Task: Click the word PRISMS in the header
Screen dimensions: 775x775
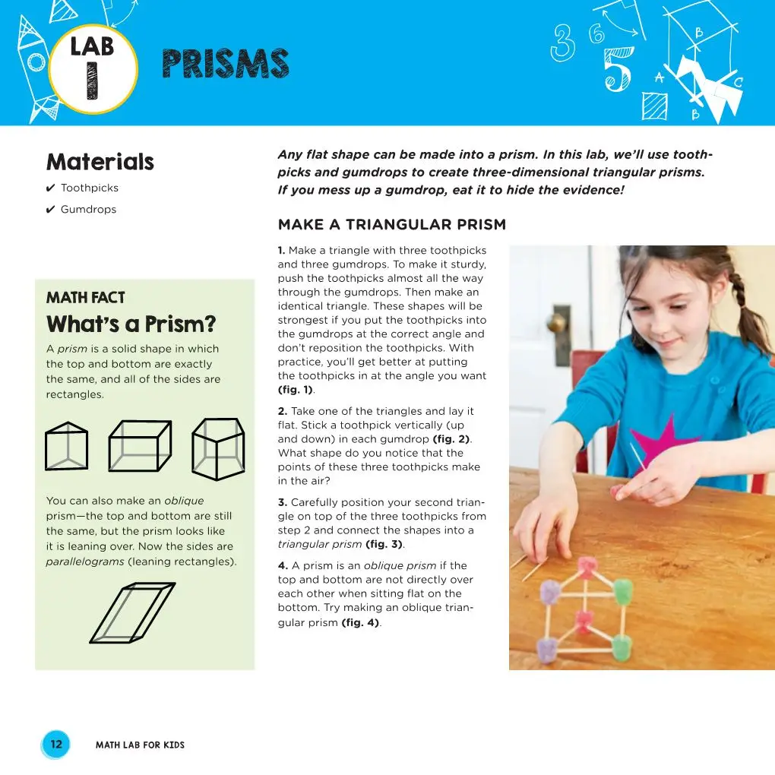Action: pos(226,65)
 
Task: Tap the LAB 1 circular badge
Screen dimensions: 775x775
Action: pos(93,68)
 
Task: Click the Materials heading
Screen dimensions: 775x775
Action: pos(100,162)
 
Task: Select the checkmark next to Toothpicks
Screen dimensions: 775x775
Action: pos(50,188)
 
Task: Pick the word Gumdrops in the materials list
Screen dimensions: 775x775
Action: pos(88,210)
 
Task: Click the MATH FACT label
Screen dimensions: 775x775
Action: pos(85,298)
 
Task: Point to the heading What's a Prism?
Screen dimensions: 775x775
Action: pos(131,325)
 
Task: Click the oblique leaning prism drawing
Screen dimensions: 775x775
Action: pos(131,612)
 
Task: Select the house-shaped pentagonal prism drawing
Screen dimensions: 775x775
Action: pos(218,448)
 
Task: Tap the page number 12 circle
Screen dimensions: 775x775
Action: pos(56,745)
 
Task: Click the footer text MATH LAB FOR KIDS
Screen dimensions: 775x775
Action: pos(140,745)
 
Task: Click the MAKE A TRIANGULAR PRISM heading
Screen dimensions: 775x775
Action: pos(391,225)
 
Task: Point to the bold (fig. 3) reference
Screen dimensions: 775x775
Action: pos(384,545)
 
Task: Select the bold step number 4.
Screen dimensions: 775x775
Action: pos(282,565)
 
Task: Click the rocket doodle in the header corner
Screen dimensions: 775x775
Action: pos(30,68)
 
